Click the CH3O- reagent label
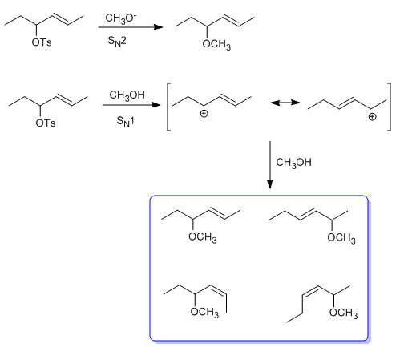121,18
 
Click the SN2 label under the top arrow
117,42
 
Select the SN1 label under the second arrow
125,122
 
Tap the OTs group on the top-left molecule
42,42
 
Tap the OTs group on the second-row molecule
46,123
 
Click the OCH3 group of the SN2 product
216,44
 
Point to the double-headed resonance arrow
285,103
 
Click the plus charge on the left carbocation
204,114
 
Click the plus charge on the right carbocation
372,117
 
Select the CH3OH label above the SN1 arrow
127,95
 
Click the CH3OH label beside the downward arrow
293,163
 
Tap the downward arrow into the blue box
270,165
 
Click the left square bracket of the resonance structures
168,107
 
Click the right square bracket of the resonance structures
389,107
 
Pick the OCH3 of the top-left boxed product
203,237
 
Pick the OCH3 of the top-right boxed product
341,238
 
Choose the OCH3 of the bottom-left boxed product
204,313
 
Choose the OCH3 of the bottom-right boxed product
344,313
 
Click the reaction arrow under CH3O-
131,27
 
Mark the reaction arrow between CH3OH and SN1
131,105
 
